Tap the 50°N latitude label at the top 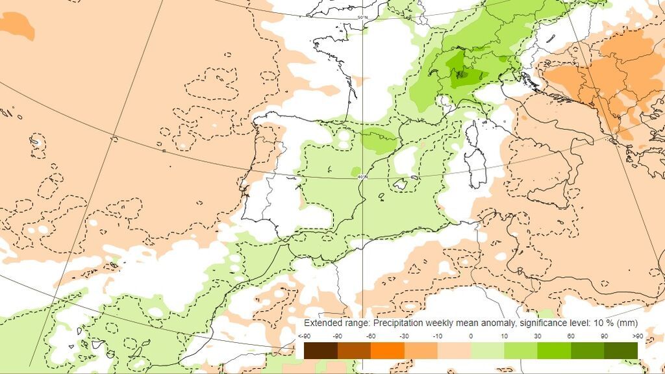point(362,17)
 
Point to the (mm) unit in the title point(629,323)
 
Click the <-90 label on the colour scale point(303,336)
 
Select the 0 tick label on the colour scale point(471,336)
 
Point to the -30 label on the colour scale point(404,336)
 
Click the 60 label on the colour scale point(571,336)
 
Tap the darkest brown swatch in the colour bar point(321,350)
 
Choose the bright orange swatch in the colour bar point(387,350)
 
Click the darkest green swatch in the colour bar point(621,350)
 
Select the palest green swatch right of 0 point(487,350)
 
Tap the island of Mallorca point(400,185)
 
